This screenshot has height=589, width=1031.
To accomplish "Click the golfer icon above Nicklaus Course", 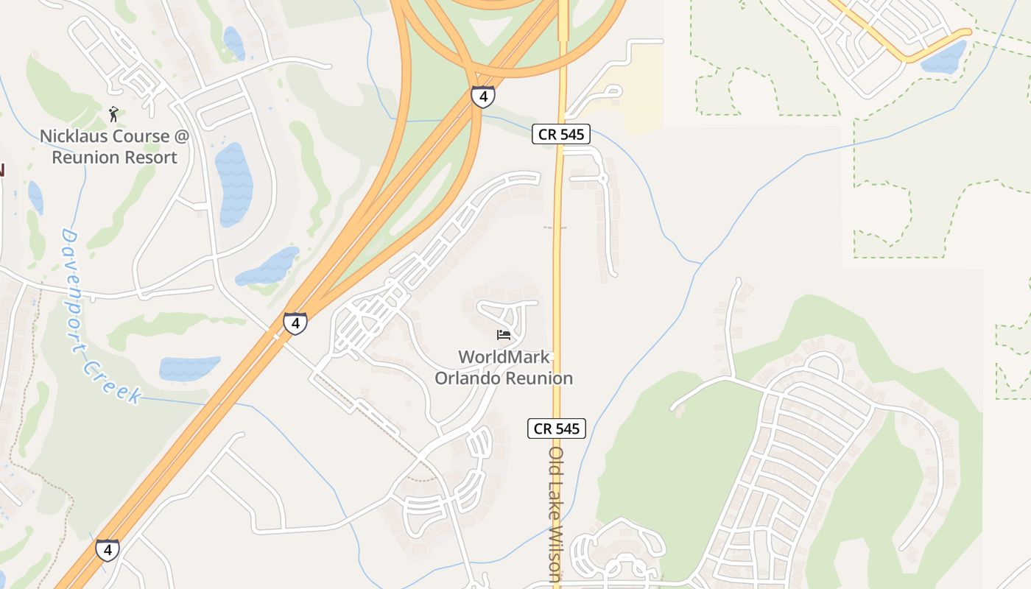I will [x=113, y=114].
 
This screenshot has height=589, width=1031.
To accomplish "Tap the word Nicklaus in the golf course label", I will [x=74, y=136].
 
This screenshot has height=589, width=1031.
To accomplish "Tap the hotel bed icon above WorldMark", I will [x=504, y=335].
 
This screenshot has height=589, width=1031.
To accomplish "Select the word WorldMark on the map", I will [x=504, y=357].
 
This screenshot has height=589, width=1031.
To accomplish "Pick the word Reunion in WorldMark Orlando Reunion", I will [x=538, y=378].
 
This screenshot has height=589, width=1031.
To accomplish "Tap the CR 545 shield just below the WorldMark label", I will [x=557, y=428].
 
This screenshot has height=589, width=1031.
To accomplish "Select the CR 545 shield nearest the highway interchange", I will [x=561, y=134].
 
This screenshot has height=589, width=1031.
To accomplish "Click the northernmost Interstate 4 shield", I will [x=483, y=96].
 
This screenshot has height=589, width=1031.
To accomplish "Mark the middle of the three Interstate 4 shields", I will [x=295, y=323].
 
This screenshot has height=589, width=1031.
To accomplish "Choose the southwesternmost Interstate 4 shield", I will [x=108, y=550].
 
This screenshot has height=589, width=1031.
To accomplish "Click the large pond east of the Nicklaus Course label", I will [x=233, y=184].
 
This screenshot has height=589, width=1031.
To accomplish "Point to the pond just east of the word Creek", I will [x=189, y=367].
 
